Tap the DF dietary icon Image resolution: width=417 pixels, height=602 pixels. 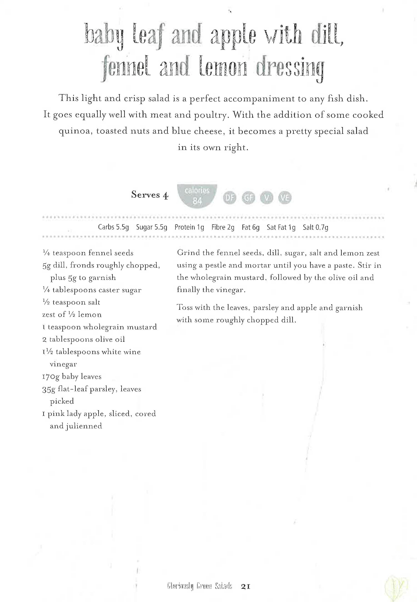[x=229, y=198]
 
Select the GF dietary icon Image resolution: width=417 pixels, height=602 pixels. [x=248, y=198]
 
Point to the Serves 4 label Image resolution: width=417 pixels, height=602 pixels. [x=150, y=195]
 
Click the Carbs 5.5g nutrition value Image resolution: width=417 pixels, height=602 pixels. [x=113, y=227]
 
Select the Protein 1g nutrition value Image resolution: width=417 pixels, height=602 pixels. [x=189, y=227]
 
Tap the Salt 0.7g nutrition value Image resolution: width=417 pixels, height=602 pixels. [x=315, y=227]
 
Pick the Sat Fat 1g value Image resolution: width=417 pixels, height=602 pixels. [x=281, y=227]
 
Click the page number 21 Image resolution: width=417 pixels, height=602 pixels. [x=246, y=587]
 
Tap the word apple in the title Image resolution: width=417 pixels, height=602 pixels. [x=233, y=37]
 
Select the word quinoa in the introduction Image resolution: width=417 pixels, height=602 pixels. [x=75, y=131]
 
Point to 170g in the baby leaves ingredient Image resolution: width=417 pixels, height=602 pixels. [x=51, y=377]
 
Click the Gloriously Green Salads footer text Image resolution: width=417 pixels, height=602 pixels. [x=200, y=587]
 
